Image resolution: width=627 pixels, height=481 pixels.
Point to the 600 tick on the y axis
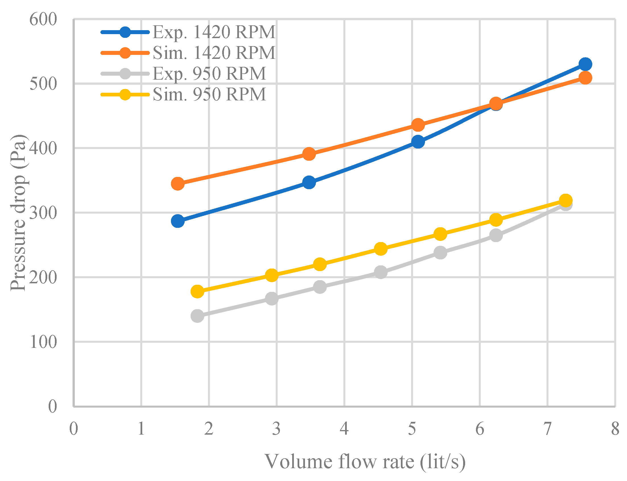click(x=43, y=19)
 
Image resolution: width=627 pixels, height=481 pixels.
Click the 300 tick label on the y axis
click(x=43, y=213)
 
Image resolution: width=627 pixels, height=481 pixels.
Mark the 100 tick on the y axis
click(x=43, y=342)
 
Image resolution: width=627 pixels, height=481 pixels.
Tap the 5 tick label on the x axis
click(x=412, y=429)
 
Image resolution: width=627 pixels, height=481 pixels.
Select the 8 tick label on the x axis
click(x=615, y=429)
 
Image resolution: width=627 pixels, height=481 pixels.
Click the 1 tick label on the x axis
click(x=141, y=429)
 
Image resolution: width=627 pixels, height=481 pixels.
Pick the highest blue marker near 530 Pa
click(x=585, y=64)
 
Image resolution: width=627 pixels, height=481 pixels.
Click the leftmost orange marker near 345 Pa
click(x=178, y=183)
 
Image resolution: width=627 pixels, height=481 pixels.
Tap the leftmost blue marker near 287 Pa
click(x=178, y=221)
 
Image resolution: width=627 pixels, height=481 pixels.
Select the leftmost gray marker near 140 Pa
click(x=197, y=316)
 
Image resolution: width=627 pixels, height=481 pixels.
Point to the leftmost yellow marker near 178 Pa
click(x=197, y=292)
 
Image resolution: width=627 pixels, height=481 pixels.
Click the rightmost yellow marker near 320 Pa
click(x=565, y=200)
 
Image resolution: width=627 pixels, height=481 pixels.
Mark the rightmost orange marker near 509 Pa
click(x=585, y=78)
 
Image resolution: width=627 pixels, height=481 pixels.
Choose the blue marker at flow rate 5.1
click(x=418, y=142)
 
